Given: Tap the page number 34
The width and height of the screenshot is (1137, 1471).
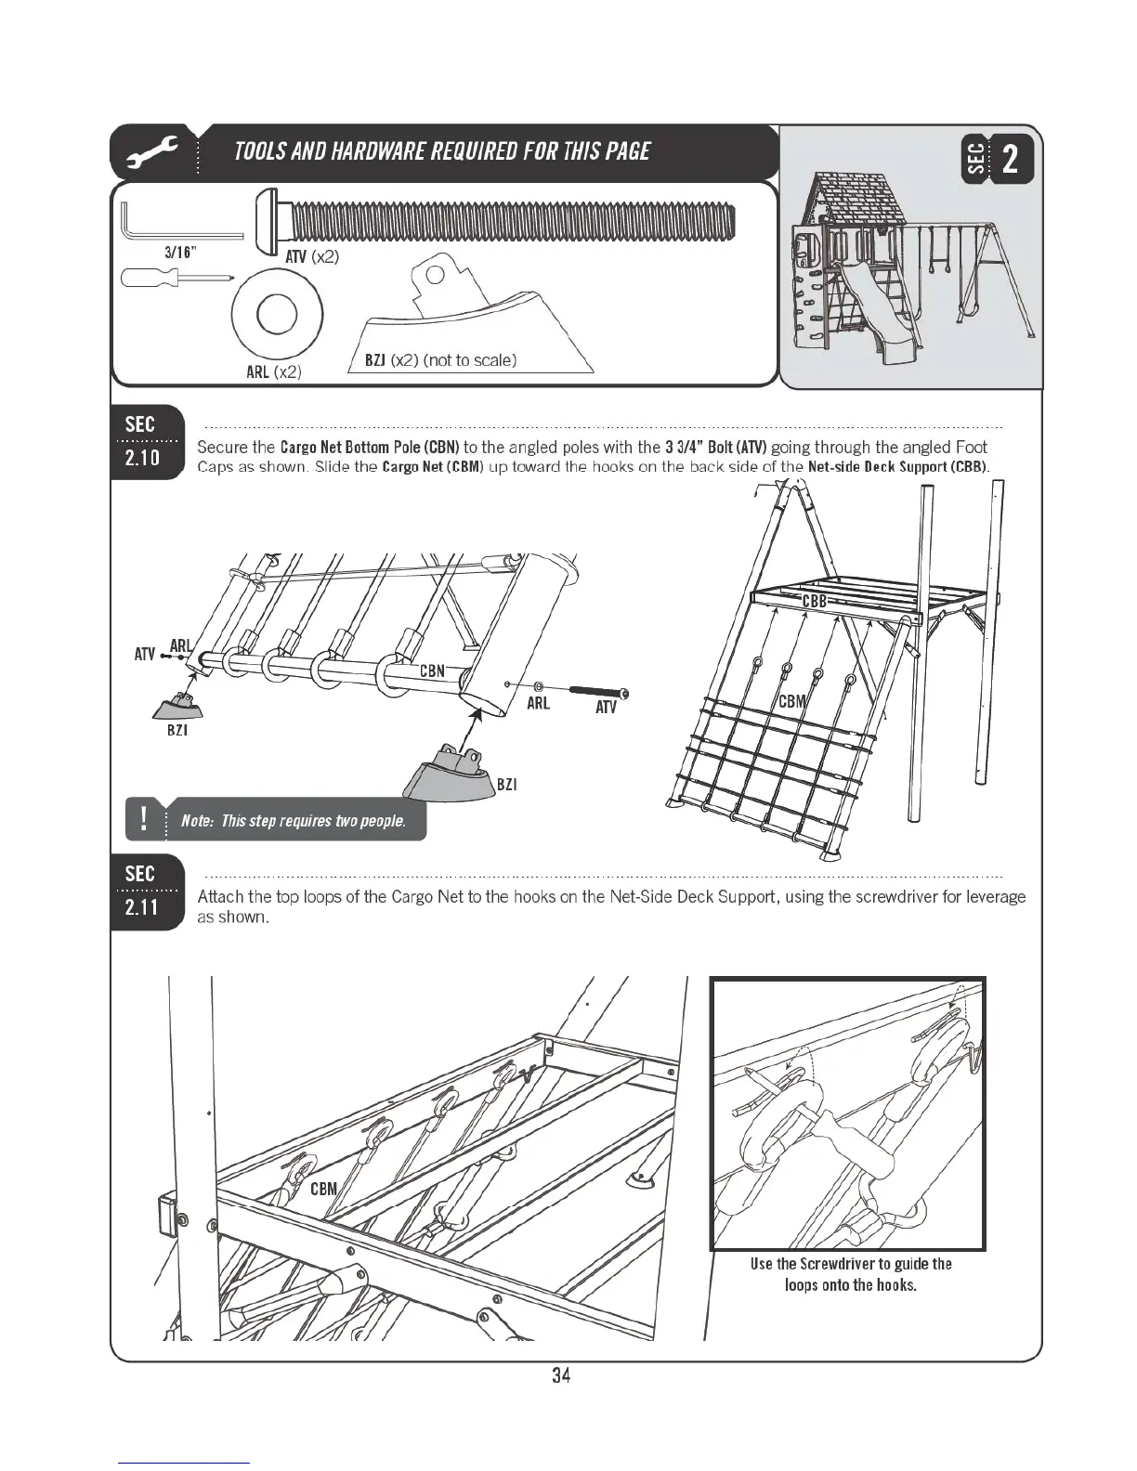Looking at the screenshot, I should pos(560,1375).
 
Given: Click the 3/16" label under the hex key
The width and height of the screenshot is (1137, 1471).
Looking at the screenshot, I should pos(180,252).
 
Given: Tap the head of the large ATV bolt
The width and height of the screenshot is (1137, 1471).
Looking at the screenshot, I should pos(270,220).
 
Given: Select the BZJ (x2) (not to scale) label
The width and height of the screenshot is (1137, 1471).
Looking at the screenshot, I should pos(440,360).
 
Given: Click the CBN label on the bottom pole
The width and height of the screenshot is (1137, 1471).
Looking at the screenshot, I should pos(433,670).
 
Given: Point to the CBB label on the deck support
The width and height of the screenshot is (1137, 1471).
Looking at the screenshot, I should pos(814,602).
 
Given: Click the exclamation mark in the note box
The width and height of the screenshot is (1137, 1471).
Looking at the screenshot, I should pos(144,819).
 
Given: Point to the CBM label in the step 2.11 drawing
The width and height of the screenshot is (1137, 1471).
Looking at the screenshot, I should pos(324,1190).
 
